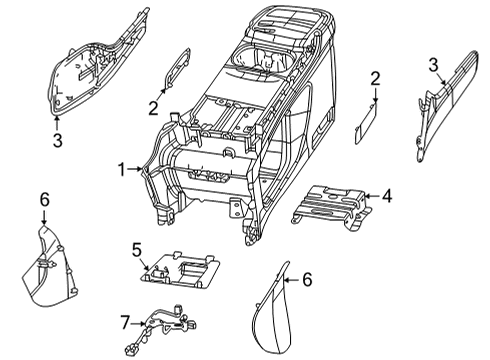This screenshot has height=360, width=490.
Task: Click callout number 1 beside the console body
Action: [120, 170]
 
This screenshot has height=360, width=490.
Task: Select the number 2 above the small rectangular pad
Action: [374, 78]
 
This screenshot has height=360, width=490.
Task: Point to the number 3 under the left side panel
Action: [57, 141]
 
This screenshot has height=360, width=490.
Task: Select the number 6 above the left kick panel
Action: [43, 200]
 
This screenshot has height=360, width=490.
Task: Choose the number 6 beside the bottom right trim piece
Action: [307, 281]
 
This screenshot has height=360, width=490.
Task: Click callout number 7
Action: [126, 321]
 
